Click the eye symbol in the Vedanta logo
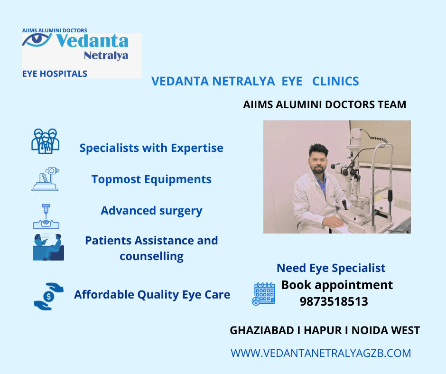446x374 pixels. tap(37, 40)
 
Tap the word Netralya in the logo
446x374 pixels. tap(106, 56)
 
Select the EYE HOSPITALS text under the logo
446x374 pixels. tap(55, 74)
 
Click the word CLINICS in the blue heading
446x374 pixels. tap(335, 81)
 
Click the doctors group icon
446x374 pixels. tap(46, 141)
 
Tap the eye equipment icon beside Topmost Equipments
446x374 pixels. tap(46, 179)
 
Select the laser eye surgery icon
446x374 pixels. tap(46, 216)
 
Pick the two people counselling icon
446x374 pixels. tap(48, 247)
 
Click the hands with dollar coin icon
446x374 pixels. tap(49, 296)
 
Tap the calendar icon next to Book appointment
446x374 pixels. tap(263, 294)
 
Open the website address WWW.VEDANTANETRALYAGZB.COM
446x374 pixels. tap(321, 353)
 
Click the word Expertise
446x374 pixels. tap(197, 148)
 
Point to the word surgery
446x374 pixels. tap(181, 211)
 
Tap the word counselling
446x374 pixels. tap(152, 256)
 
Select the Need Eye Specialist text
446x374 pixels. tap(331, 268)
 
